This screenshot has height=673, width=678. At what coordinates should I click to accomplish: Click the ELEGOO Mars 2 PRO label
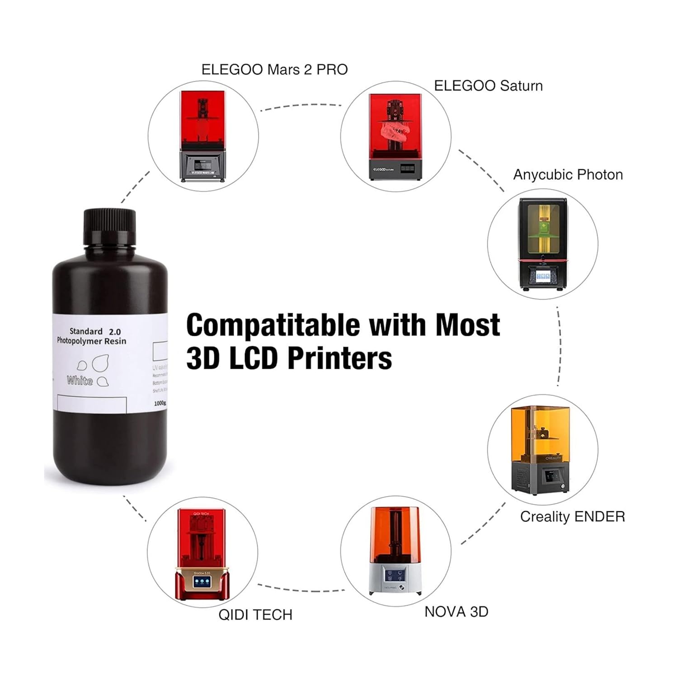274,70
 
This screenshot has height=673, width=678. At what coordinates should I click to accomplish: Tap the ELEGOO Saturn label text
488,86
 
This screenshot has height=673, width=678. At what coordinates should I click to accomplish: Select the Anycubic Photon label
568,174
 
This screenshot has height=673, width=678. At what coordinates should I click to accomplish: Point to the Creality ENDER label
572,517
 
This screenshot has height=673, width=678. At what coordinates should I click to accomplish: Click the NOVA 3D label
456,612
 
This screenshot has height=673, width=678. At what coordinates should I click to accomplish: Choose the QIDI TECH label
255,615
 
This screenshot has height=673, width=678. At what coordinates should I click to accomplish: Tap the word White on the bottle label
80,381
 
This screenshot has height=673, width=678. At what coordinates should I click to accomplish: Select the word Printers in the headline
339,359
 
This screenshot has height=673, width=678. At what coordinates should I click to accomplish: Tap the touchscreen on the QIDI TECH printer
201,581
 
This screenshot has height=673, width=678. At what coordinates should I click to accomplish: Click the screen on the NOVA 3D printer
393,575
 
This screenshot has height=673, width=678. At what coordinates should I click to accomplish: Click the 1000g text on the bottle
160,403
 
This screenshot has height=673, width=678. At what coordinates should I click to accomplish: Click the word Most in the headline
468,325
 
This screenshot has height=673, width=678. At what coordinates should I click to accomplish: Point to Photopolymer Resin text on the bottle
92,341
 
